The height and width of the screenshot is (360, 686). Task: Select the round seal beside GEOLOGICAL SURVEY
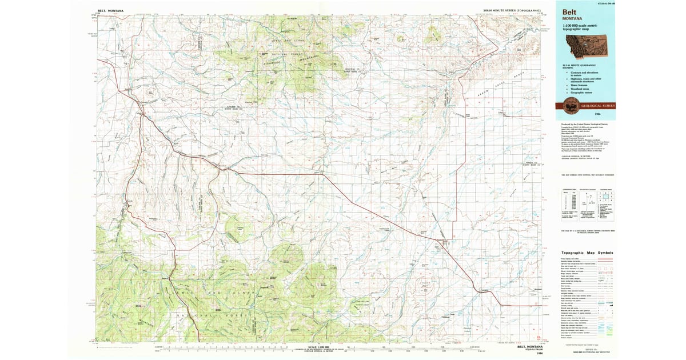click(x=571, y=106)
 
